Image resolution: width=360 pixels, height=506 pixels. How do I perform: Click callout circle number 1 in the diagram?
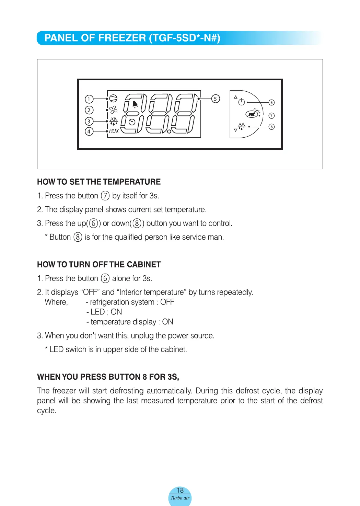pyautogui.click(x=89, y=99)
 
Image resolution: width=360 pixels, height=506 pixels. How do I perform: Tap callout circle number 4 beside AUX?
pyautogui.click(x=89, y=131)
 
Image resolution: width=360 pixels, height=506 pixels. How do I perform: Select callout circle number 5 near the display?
pyautogui.click(x=215, y=99)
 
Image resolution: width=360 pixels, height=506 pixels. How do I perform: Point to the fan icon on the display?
pyautogui.click(x=113, y=110)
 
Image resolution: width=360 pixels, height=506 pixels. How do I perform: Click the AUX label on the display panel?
pyautogui.click(x=114, y=131)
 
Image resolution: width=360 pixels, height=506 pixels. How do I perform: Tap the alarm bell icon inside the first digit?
pyautogui.click(x=135, y=104)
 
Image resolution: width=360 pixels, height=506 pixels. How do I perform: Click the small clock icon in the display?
pyautogui.click(x=132, y=122)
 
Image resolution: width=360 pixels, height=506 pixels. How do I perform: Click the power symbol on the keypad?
pyautogui.click(x=242, y=102)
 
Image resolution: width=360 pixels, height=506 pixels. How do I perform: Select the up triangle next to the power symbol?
pyautogui.click(x=235, y=97)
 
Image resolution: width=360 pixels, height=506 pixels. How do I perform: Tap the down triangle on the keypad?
pyautogui.click(x=235, y=130)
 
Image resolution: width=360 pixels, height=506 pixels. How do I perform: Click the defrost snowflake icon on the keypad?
pyautogui.click(x=242, y=127)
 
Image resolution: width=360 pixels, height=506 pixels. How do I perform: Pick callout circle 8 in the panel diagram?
pyautogui.click(x=271, y=127)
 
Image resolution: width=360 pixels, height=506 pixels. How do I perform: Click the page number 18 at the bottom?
pyautogui.click(x=180, y=490)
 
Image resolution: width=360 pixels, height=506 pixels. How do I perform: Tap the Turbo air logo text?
pyautogui.click(x=180, y=498)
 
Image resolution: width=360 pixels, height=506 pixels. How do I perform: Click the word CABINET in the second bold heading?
pyautogui.click(x=144, y=264)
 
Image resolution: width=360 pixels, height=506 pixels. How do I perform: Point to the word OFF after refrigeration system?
pyautogui.click(x=167, y=302)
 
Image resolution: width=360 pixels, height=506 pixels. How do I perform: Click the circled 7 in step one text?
pyautogui.click(x=105, y=196)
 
